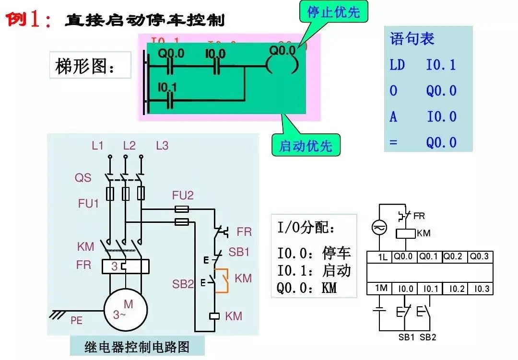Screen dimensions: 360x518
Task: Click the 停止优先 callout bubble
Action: pos(333,12)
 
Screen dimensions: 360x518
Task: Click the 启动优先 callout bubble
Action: pos(306,145)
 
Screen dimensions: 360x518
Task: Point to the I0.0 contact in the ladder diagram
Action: pos(215,66)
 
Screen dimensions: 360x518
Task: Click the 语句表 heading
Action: pos(412,39)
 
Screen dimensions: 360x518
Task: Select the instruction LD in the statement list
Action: pos(397,65)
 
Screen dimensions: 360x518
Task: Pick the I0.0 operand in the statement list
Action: pos(441,117)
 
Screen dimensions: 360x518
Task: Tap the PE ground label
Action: pos(77,321)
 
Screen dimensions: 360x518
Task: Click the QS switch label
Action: pos(82,178)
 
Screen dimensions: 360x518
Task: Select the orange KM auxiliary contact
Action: pos(221,280)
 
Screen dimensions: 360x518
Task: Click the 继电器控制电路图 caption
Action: pos(137,346)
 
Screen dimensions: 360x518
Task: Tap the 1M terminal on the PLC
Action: pos(381,289)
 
